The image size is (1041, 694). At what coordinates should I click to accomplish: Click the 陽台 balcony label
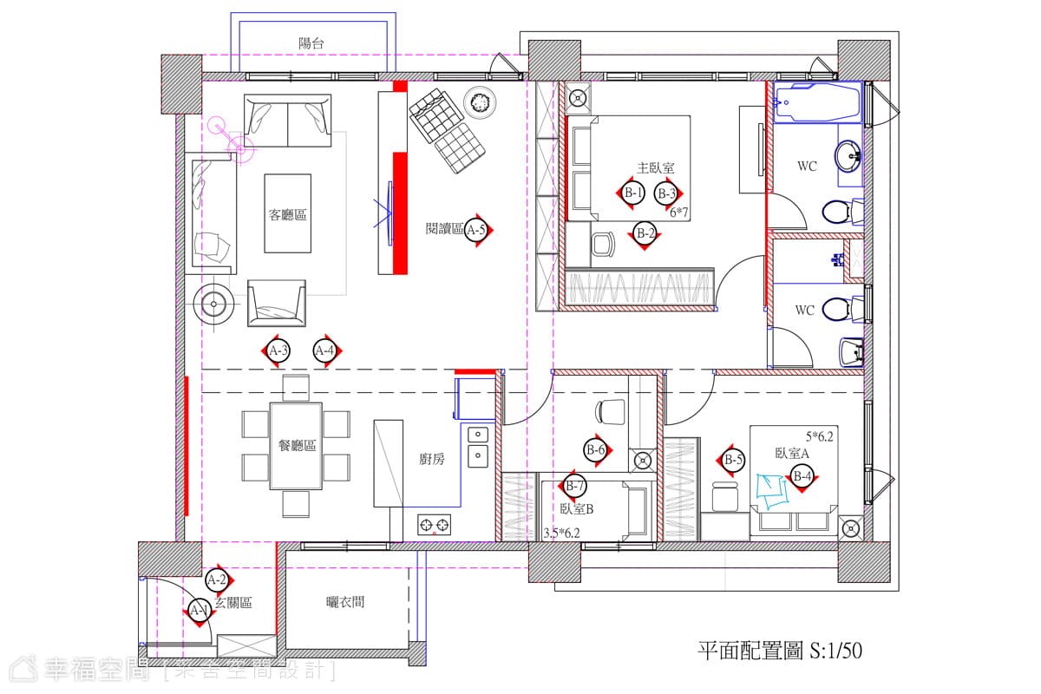point(311,43)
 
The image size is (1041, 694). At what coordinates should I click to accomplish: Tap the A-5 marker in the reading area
point(476,230)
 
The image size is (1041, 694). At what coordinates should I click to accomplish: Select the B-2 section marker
point(645,234)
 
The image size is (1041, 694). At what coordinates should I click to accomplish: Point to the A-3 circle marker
point(278,350)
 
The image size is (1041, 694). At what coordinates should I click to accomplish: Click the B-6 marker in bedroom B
point(596,450)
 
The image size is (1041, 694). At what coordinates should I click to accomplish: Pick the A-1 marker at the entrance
point(200,610)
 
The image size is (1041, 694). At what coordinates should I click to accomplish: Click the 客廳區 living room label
point(287,215)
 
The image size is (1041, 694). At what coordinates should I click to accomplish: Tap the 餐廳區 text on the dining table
point(297,445)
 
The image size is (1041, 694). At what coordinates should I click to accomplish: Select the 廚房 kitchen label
point(432,459)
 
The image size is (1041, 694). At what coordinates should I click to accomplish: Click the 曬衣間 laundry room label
point(345,602)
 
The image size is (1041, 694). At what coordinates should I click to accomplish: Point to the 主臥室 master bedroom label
point(655,167)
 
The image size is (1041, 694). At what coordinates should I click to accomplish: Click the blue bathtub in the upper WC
point(817,102)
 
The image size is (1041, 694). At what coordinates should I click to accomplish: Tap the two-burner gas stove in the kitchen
point(434,525)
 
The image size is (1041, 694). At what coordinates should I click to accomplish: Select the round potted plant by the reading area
point(480,101)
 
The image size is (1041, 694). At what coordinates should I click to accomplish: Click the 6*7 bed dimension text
point(678,213)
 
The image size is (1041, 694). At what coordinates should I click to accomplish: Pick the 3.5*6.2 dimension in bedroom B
point(562,534)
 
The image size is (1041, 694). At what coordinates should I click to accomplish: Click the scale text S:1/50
point(835,651)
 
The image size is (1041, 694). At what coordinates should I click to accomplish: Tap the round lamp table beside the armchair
point(213,304)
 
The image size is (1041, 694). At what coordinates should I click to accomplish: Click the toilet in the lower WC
point(843,310)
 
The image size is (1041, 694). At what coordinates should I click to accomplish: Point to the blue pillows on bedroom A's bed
point(771,491)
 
